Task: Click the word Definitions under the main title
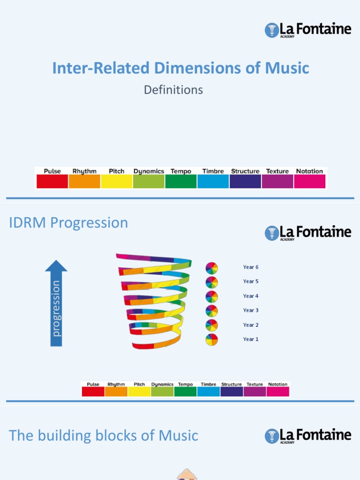(173, 90)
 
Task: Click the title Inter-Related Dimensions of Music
(180, 68)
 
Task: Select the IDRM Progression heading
(68, 223)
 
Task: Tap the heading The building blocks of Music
(104, 435)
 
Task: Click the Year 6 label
(251, 267)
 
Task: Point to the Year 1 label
(251, 339)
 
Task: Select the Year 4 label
(251, 296)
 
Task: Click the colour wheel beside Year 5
(212, 282)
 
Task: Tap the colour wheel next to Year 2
(212, 325)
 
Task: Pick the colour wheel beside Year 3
(212, 311)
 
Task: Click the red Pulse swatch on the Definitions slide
(52, 181)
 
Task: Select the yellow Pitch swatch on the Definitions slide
(117, 181)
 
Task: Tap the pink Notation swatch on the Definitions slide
(309, 181)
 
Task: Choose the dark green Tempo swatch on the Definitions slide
(181, 181)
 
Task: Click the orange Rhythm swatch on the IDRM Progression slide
(116, 391)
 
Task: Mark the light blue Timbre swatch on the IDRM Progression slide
(209, 391)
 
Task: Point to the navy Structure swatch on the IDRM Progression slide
(232, 391)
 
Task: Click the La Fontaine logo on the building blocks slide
(308, 435)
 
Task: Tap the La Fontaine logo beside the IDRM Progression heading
(308, 232)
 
